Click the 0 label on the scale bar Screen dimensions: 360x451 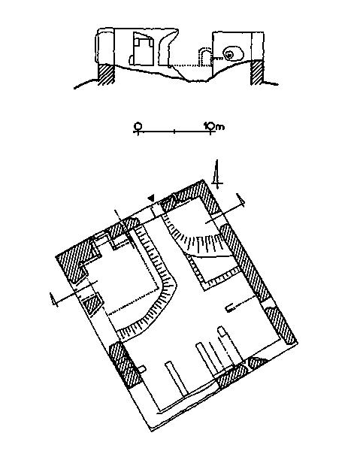pos(138,126)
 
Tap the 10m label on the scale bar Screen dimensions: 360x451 pos(213,126)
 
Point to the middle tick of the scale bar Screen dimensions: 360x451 pos(174,132)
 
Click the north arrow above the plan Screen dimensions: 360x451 pos(216,174)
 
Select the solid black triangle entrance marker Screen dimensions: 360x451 pos(151,198)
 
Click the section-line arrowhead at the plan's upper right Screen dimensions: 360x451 pos(241,200)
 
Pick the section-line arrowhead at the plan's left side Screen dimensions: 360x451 pos(53,300)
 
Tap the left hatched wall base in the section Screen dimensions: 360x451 pos(107,74)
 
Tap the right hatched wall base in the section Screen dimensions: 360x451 pos(257,72)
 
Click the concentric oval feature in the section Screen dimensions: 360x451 pos(233,54)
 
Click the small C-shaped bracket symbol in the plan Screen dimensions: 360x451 pos(229,308)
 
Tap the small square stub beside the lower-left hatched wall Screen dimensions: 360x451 pos(142,369)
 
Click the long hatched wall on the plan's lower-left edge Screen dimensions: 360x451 pos(124,365)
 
